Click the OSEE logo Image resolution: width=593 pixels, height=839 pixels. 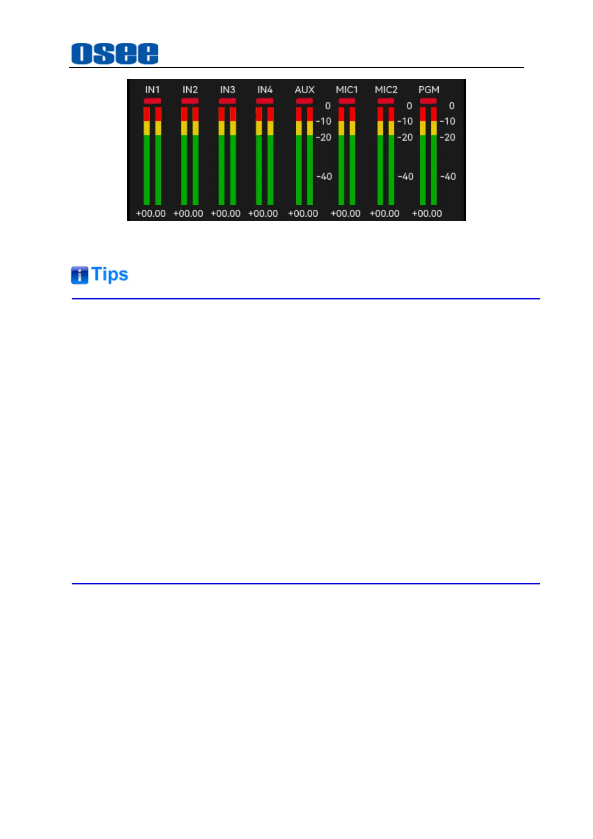pyautogui.click(x=115, y=53)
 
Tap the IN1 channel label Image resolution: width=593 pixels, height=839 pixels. pyautogui.click(x=152, y=90)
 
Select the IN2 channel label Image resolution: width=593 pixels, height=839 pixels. pyautogui.click(x=190, y=90)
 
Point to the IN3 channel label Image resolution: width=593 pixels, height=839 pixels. pyautogui.click(x=228, y=90)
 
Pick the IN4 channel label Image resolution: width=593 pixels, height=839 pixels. pyautogui.click(x=265, y=90)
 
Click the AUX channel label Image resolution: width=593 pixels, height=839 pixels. pyautogui.click(x=304, y=90)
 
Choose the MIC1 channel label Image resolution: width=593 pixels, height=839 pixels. pyautogui.click(x=347, y=90)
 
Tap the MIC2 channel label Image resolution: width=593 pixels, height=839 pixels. pyautogui.click(x=386, y=90)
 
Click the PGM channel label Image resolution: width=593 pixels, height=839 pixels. pyautogui.click(x=429, y=90)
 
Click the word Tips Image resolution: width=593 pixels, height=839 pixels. pyautogui.click(x=110, y=275)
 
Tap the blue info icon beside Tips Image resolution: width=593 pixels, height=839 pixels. pyautogui.click(x=79, y=275)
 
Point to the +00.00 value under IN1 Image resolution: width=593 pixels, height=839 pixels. pyautogui.click(x=151, y=214)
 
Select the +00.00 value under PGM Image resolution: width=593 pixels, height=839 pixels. pyautogui.click(x=427, y=214)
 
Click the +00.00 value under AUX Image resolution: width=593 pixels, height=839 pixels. pyautogui.click(x=303, y=214)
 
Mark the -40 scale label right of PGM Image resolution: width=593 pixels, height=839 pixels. pyautogui.click(x=448, y=176)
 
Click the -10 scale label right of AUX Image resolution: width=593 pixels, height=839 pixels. pyautogui.click(x=324, y=121)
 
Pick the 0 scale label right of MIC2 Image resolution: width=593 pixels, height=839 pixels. pyautogui.click(x=409, y=106)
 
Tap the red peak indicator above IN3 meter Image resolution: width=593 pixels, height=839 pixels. pyautogui.click(x=228, y=101)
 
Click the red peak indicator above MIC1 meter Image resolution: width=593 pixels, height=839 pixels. pyautogui.click(x=347, y=101)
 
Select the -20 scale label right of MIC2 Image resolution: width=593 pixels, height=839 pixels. pyautogui.click(x=405, y=138)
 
